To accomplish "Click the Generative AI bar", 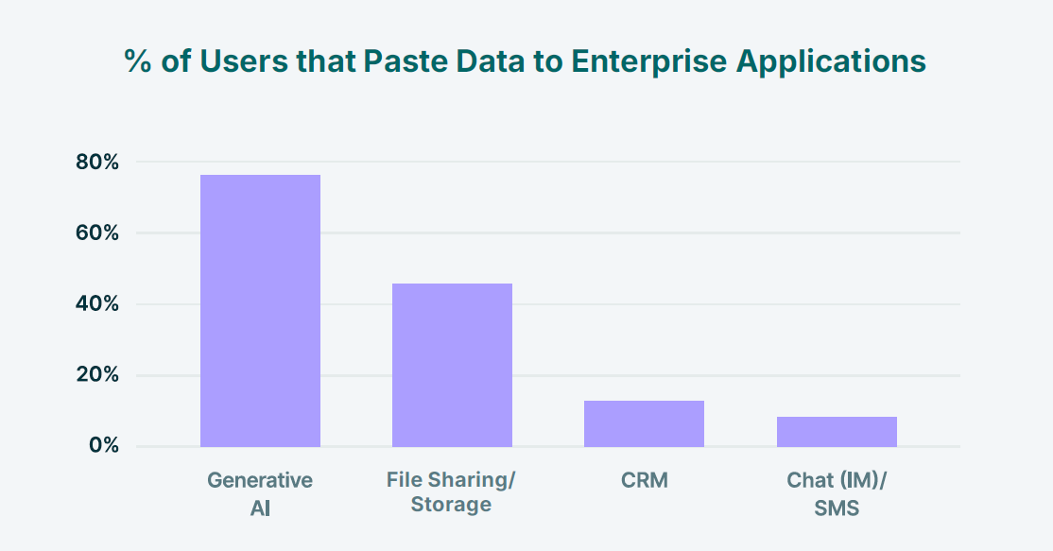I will tap(260, 311).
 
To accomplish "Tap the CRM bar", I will tap(644, 423).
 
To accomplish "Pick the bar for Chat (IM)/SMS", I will tap(837, 431).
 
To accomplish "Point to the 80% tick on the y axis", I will tap(97, 163).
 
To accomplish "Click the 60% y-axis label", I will tap(97, 233).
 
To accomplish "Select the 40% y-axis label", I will tap(97, 304).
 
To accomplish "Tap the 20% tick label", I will tap(97, 375).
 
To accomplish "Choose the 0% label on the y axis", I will tap(104, 446).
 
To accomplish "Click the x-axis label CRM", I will tap(645, 480).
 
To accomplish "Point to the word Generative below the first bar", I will tap(260, 480).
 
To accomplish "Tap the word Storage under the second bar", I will tap(451, 505).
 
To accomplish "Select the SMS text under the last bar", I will tap(837, 508).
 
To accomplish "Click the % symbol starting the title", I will tap(137, 61).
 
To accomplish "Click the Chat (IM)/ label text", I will tap(837, 480).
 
